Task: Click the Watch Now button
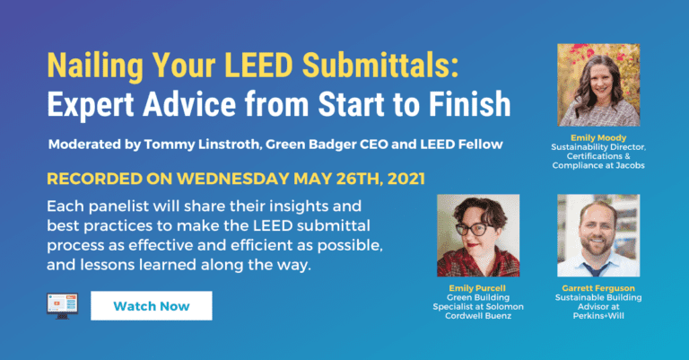pyautogui.click(x=151, y=305)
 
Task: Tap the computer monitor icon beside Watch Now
pyautogui.click(x=62, y=305)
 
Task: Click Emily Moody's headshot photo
pyautogui.click(x=598, y=84)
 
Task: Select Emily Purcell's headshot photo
pyautogui.click(x=477, y=235)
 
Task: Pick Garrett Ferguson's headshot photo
pyautogui.click(x=598, y=235)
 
